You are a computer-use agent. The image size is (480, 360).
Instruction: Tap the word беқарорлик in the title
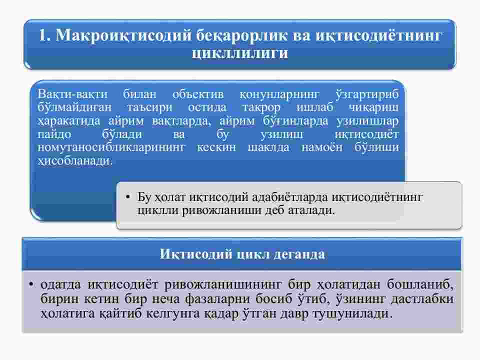[241, 35]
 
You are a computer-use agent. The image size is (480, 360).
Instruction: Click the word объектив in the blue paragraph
[198, 94]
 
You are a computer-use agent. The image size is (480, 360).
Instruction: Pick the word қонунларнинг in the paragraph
[279, 94]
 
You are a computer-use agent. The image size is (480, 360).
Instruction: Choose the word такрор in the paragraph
[261, 108]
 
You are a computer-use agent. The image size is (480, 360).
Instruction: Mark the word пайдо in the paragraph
[54, 134]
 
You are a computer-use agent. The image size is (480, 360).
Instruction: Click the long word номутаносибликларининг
[111, 147]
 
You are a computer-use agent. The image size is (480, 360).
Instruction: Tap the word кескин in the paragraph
[216, 147]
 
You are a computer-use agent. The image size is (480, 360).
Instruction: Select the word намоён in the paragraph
[322, 147]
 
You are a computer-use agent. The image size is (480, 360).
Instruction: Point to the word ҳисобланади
[75, 160]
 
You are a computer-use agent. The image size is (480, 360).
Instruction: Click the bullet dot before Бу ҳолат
[128, 197]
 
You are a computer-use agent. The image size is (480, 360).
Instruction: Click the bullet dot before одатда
[31, 284]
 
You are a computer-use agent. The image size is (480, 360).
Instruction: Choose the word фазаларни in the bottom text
[217, 299]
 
